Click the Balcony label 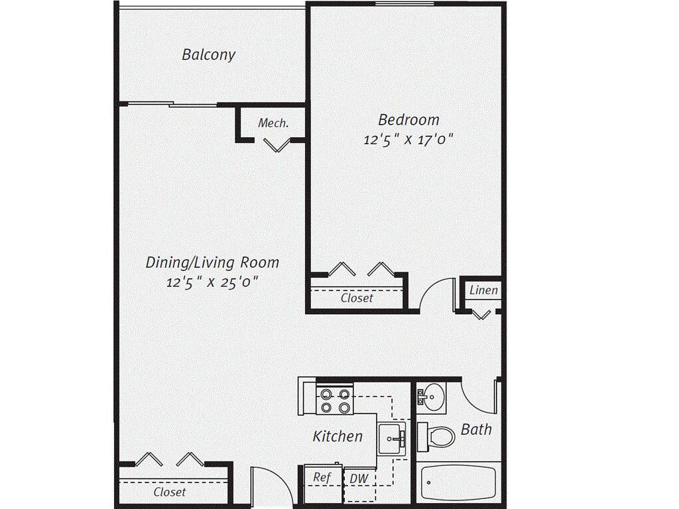click(208, 54)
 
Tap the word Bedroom click(408, 120)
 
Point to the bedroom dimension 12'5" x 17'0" click(408, 140)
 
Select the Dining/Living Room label click(212, 262)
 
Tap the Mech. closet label click(273, 123)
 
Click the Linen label click(483, 290)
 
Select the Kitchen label click(338, 436)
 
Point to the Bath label click(476, 429)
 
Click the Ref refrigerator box click(322, 478)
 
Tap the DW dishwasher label click(359, 479)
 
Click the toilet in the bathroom click(437, 435)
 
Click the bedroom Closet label click(357, 298)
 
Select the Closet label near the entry click(170, 492)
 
